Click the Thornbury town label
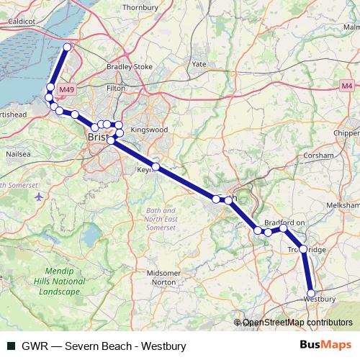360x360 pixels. click(x=140, y=8)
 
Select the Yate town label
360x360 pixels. click(x=199, y=64)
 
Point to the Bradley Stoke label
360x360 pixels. click(x=130, y=67)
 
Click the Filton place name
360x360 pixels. click(x=115, y=88)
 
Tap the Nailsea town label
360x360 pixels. click(x=17, y=154)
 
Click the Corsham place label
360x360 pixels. click(x=319, y=155)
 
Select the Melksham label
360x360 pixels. click(x=343, y=205)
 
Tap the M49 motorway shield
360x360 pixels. click(x=66, y=89)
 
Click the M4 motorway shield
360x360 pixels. click(x=347, y=85)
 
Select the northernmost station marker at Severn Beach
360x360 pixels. click(x=67, y=48)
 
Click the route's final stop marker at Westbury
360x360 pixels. click(x=311, y=293)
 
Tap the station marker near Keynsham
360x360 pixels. click(x=155, y=167)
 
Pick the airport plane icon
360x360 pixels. click(x=37, y=197)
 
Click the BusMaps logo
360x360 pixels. click(x=325, y=346)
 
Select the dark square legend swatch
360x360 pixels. click(x=11, y=346)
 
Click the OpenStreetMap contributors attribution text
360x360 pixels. click(x=297, y=323)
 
